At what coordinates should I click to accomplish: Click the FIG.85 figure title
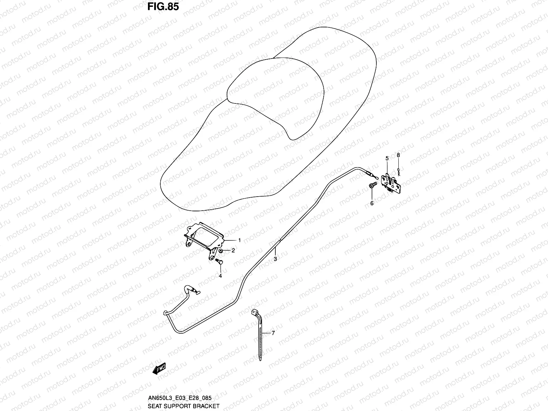163,7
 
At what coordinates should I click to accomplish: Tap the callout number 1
239,240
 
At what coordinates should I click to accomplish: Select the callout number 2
233,251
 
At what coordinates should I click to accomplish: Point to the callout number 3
275,259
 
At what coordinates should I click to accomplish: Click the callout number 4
220,275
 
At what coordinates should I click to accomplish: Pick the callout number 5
387,158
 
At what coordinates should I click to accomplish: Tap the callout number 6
372,203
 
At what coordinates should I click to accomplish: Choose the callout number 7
273,333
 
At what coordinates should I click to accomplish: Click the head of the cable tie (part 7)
254,312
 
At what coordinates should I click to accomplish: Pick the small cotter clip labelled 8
399,171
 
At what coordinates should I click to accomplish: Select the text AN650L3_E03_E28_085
179,398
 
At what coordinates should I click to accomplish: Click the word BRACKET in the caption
205,406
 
